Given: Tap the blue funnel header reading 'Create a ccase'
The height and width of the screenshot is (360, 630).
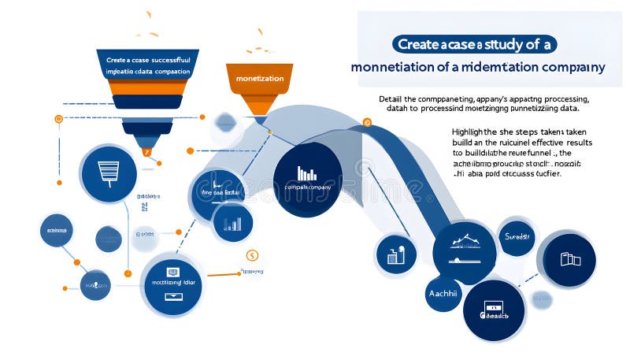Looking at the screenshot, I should click(x=148, y=60).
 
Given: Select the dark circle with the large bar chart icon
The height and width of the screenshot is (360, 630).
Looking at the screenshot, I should click(x=307, y=180).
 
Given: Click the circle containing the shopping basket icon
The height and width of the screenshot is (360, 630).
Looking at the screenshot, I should click(x=108, y=174).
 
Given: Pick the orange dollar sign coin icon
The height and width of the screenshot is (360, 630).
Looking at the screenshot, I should click(x=252, y=255).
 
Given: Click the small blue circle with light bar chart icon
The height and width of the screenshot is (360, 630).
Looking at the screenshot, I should click(x=232, y=224).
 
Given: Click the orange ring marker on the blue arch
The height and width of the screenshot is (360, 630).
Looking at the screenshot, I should click(x=366, y=123).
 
